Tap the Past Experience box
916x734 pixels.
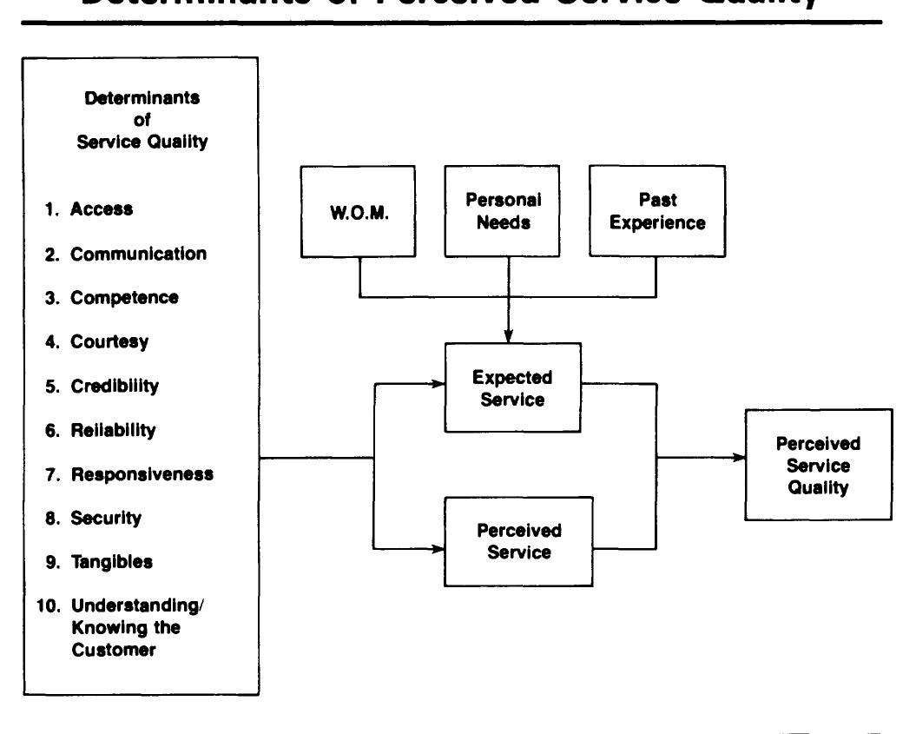pos(657,211)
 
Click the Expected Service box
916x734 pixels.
pos(512,388)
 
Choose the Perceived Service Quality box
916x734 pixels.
pos(818,465)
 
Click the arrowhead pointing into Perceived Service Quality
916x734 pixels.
pos(739,458)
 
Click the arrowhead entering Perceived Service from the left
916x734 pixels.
pos(438,549)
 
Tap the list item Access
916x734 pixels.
pos(102,208)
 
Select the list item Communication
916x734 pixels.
pos(138,254)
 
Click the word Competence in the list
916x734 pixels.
pos(124,298)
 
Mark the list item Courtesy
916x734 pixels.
pos(109,341)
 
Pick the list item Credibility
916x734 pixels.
pos(115,386)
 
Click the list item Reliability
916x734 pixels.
pos(113,430)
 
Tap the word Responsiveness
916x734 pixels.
pos(142,474)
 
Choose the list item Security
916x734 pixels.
pos(106,518)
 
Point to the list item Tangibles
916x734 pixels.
pos(111,562)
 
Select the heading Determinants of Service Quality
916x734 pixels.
pos(142,120)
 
